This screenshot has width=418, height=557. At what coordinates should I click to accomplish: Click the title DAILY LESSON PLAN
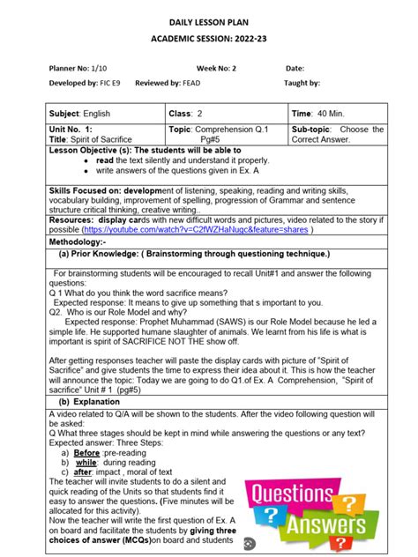(x=209, y=20)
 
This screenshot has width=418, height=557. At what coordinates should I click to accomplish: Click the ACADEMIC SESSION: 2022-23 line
(x=209, y=40)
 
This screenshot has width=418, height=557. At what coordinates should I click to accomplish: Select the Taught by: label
(x=302, y=84)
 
